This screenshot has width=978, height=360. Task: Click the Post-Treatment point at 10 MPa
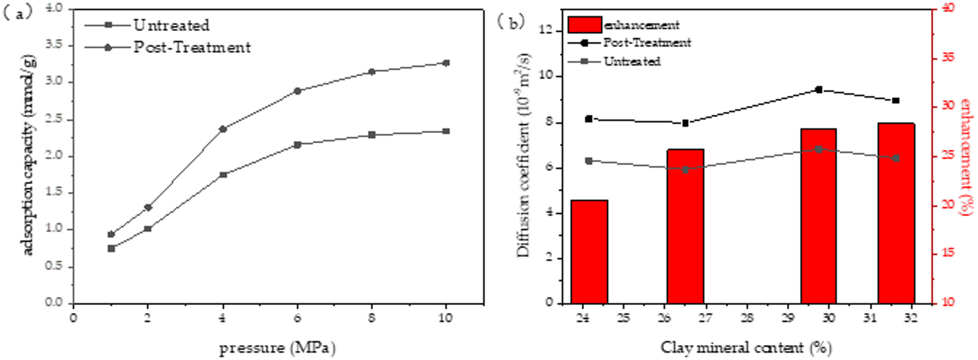click(446, 63)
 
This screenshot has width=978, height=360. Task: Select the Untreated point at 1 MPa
click(111, 248)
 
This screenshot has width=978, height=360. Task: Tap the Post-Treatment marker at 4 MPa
click(223, 129)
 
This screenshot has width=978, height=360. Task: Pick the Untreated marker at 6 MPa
click(298, 145)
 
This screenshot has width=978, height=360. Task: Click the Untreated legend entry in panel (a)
click(171, 25)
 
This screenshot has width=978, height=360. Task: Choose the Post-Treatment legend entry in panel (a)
click(192, 47)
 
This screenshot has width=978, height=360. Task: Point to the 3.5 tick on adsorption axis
click(55, 45)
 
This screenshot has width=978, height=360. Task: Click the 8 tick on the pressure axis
click(372, 318)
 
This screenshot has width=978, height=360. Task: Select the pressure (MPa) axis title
click(278, 348)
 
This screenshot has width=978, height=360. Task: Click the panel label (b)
click(511, 22)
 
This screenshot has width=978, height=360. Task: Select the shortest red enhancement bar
click(589, 251)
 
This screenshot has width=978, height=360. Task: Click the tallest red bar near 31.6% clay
click(896, 213)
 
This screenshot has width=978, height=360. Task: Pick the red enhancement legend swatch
click(584, 25)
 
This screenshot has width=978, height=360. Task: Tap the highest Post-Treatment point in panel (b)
click(819, 90)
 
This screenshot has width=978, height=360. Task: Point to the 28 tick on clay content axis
click(747, 318)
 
